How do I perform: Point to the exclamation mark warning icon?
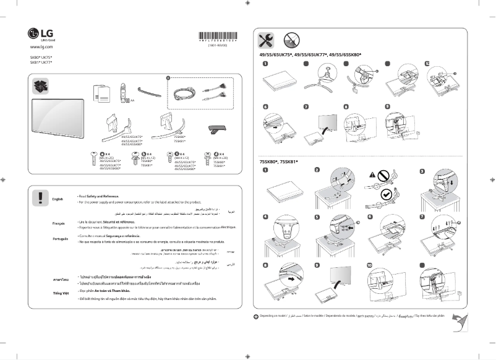tap(40, 197)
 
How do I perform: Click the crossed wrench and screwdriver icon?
tap(267, 41)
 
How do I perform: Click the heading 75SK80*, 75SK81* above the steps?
tap(278, 161)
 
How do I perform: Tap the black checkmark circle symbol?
tap(387, 194)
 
